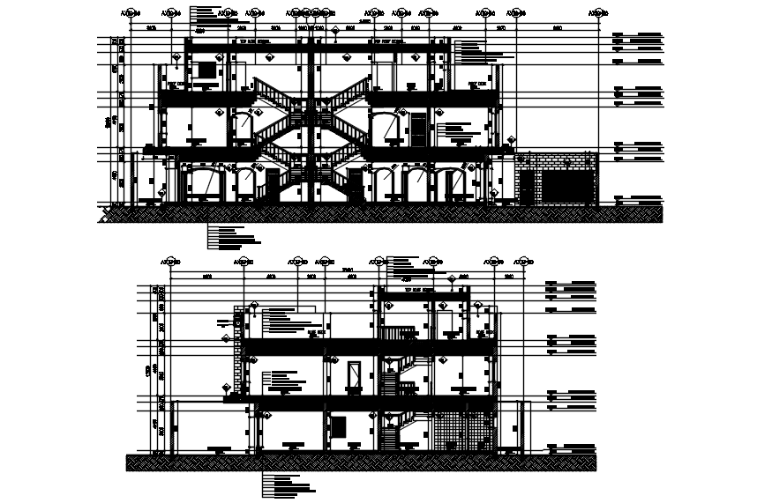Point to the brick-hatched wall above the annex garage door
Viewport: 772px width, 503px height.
[556, 163]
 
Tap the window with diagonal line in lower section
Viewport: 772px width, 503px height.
[355, 375]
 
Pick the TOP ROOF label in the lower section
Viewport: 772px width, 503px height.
[418, 290]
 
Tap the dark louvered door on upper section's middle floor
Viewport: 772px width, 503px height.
[416, 130]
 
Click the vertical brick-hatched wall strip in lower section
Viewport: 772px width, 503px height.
[236, 352]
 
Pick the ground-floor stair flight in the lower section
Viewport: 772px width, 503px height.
[389, 435]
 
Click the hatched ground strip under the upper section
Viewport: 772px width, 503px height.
[379, 214]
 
